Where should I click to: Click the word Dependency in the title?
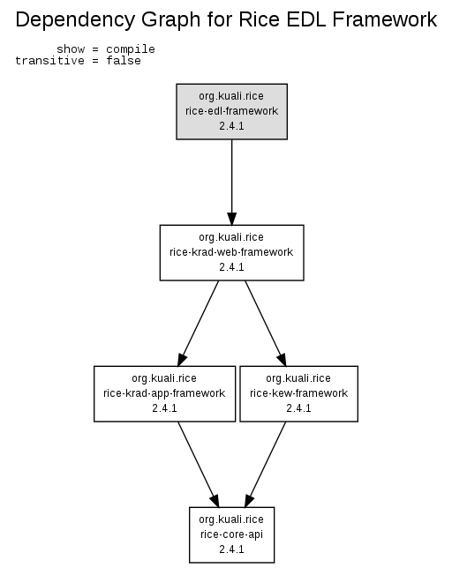(75, 20)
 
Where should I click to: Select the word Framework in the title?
(385, 19)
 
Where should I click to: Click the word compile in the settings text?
(131, 49)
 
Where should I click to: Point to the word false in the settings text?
(124, 61)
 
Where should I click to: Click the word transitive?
(49, 61)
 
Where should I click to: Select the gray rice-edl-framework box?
(232, 111)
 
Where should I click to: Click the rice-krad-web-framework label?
(231, 251)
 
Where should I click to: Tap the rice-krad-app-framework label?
(164, 393)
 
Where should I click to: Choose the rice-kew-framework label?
(298, 393)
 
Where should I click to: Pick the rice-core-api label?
(231, 534)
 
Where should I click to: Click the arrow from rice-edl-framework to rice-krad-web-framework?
(232, 183)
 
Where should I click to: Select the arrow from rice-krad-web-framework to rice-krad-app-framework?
(199, 323)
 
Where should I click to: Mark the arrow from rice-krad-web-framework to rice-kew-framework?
(266, 323)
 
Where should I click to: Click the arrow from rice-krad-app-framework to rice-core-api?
(199, 465)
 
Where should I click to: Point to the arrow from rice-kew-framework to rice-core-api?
(266, 465)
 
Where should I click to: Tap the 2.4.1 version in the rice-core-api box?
(231, 549)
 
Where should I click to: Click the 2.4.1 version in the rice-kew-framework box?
(298, 408)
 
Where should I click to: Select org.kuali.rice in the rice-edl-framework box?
(231, 96)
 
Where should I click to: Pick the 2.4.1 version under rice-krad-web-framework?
(231, 267)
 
